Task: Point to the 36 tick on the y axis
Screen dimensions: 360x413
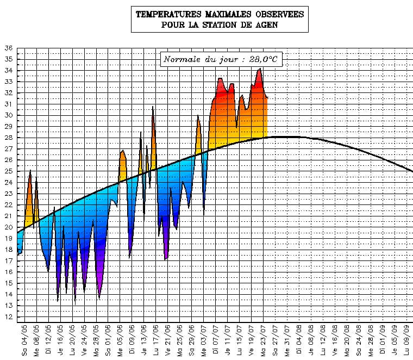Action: (x=8, y=48)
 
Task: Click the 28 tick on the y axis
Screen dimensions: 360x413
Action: (x=8, y=138)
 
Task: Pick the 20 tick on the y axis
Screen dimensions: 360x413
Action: (x=8, y=227)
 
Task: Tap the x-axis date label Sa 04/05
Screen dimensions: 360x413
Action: (x=24, y=340)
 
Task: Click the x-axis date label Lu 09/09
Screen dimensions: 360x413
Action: (x=406, y=340)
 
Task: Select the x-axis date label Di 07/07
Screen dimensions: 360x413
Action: (x=215, y=340)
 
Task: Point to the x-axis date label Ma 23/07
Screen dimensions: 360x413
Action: (x=263, y=340)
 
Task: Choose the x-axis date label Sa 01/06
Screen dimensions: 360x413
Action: (x=108, y=340)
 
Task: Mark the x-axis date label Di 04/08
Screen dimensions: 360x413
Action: (x=299, y=340)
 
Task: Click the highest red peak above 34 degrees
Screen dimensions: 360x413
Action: (x=260, y=69)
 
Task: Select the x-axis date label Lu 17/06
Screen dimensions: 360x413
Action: (x=156, y=340)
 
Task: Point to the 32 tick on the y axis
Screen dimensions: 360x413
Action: (x=8, y=92)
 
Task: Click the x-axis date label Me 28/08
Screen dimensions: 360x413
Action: (x=370, y=340)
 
